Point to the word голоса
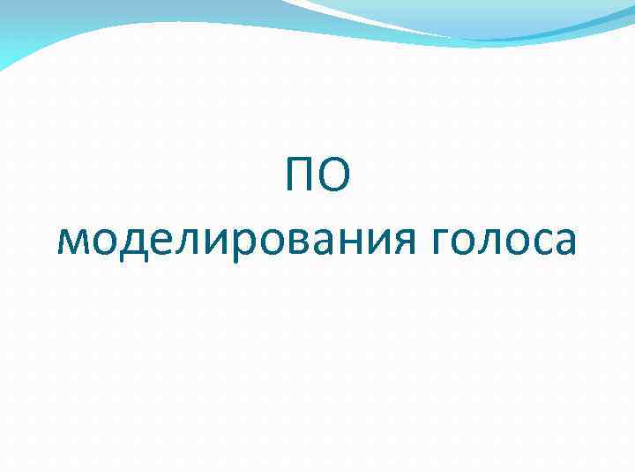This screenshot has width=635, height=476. [504, 240]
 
